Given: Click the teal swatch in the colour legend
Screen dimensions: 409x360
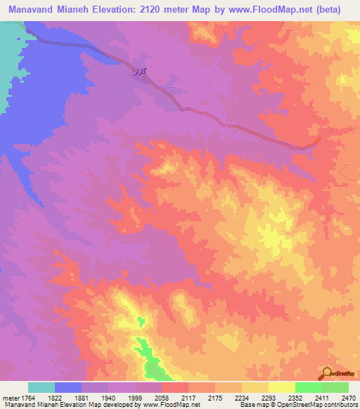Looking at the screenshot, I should coord(41,387).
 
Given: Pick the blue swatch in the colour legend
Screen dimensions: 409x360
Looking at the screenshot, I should coord(68,387).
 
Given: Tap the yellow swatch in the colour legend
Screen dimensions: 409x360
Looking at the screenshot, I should coord(281,387).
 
